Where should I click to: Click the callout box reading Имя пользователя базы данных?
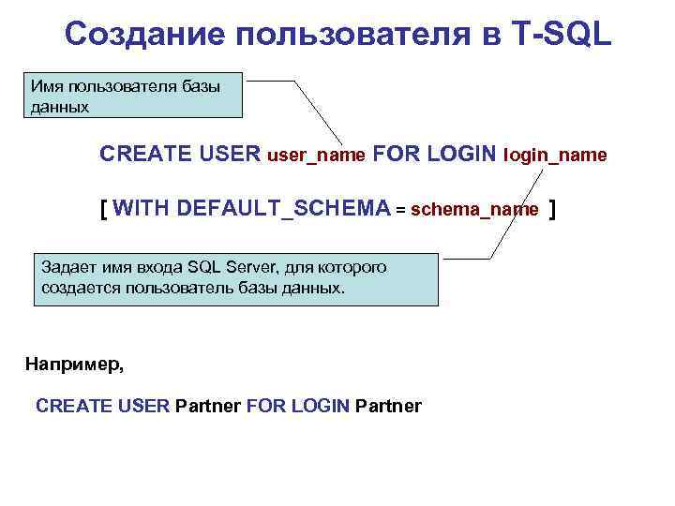[137, 97]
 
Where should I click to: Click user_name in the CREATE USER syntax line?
[316, 155]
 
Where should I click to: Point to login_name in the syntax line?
[555, 155]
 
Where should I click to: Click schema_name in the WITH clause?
[474, 209]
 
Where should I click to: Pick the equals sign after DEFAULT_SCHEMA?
[400, 209]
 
